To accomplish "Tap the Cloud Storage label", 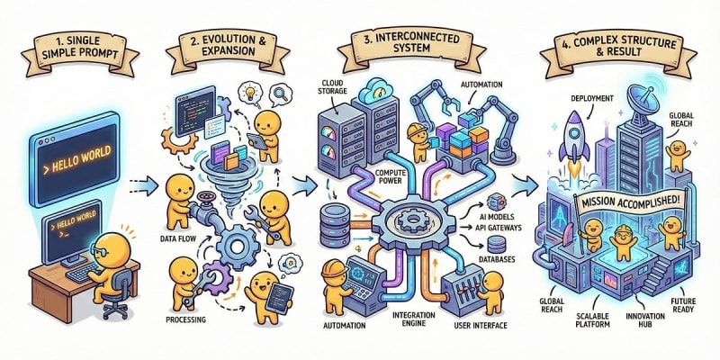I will coord(335,89).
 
